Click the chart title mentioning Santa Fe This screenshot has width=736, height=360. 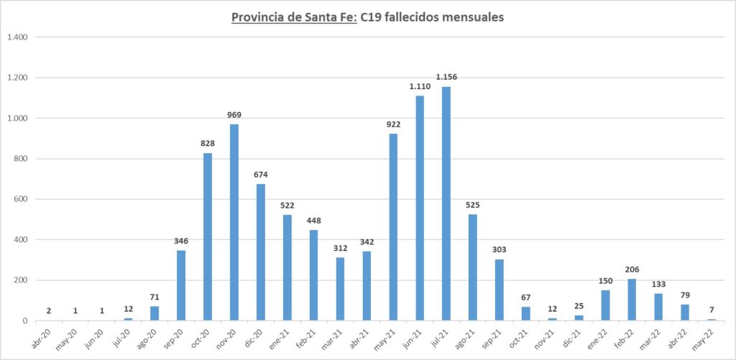click(367, 17)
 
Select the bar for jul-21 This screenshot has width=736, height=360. click(446, 203)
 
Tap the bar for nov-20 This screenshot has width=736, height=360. click(234, 222)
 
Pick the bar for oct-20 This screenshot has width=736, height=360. click(207, 236)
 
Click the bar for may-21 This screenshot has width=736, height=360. click(393, 227)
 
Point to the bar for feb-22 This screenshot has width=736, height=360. click(632, 300)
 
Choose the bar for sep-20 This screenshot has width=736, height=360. click(180, 285)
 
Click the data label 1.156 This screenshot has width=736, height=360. click(446, 77)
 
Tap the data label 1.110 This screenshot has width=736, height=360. click(420, 86)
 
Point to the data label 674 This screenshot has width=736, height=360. click(260, 175)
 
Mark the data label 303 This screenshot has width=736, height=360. click(500, 249)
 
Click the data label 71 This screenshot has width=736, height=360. click(155, 297)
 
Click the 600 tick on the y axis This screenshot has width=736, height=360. click(19, 199)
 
